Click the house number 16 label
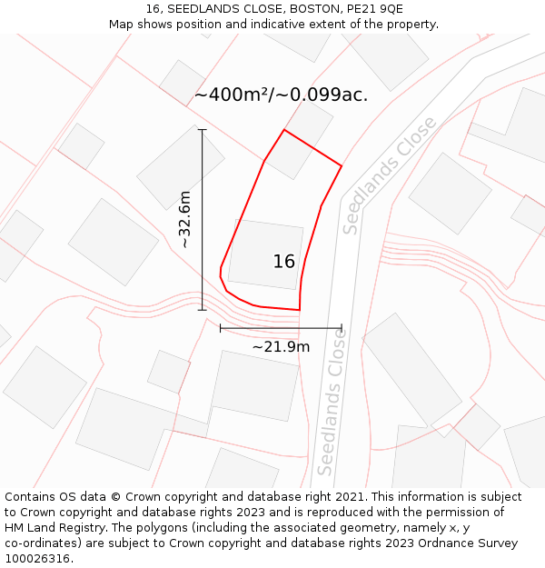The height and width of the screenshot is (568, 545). click(x=284, y=262)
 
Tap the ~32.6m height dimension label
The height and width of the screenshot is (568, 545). click(x=185, y=219)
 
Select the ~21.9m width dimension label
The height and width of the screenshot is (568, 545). click(x=281, y=346)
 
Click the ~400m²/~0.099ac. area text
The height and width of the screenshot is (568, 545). click(x=281, y=95)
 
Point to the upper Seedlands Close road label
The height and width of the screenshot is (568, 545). click(x=390, y=175)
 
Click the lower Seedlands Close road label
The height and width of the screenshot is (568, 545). click(x=333, y=406)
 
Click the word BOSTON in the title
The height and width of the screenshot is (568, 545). click(x=312, y=8)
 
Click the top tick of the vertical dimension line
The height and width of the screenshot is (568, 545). click(x=202, y=130)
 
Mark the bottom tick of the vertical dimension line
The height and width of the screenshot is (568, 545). click(x=202, y=310)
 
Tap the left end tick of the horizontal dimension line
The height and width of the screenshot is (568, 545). click(x=221, y=328)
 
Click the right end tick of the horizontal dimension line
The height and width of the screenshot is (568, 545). click(x=342, y=328)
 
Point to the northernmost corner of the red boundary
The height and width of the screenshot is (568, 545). click(x=284, y=130)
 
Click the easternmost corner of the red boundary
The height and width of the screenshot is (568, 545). click(x=342, y=166)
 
